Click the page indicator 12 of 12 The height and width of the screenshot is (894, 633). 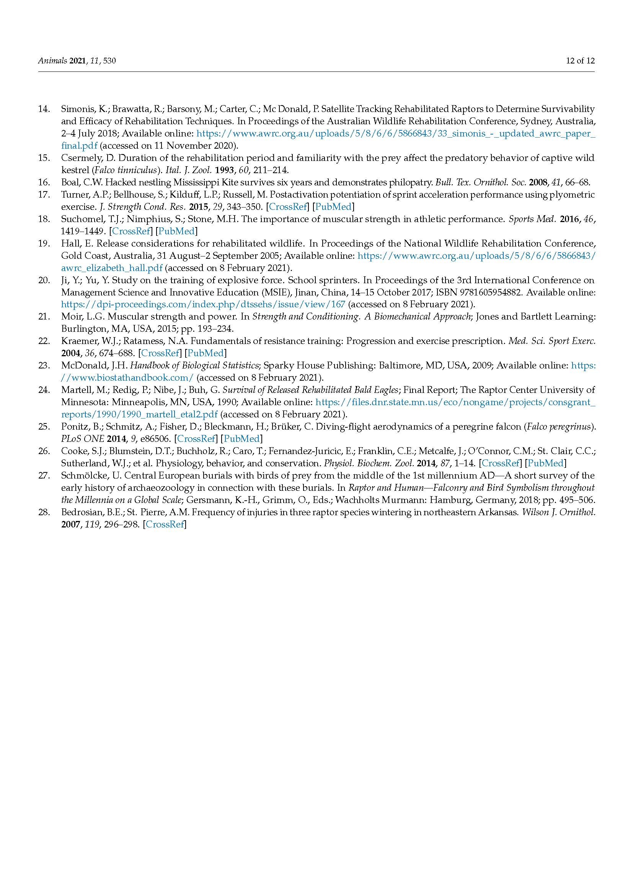[x=580, y=61]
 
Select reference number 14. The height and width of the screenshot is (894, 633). [x=44, y=109]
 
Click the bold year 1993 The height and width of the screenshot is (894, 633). [x=224, y=170]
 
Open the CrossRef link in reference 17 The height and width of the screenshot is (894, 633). [x=287, y=207]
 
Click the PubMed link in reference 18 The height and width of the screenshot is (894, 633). [x=176, y=231]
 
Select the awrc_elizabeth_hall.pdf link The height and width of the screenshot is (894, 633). [x=112, y=268]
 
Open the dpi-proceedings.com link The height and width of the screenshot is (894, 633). [x=203, y=304]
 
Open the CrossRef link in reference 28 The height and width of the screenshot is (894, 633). [x=164, y=524]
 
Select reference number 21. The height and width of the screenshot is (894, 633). [x=44, y=316]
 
